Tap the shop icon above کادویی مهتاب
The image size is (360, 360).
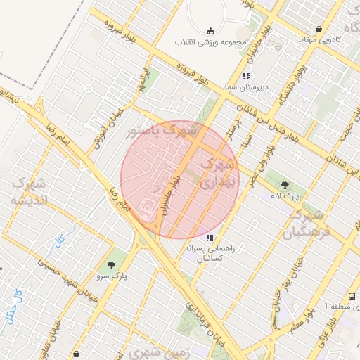pyautogui.click(x=320, y=30)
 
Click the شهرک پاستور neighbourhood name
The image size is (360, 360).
pyautogui.click(x=161, y=131)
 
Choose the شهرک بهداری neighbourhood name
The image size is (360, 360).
pyautogui.click(x=217, y=172)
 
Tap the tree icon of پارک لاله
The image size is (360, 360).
pyautogui.click(x=284, y=185)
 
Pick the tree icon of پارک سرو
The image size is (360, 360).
pyautogui.click(x=112, y=265)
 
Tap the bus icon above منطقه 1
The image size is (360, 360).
pyautogui.click(x=352, y=297)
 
